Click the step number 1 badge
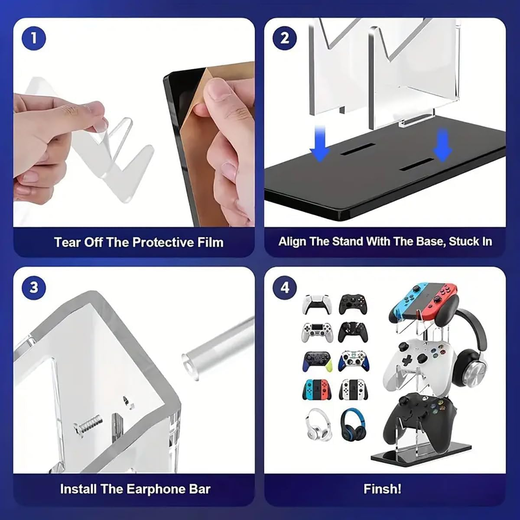tap(34, 39)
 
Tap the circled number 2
tap(285, 39)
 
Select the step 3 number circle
tap(34, 287)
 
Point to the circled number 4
tap(285, 287)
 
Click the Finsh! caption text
tap(382, 489)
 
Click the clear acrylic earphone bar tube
tap(221, 347)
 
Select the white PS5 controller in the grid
tap(318, 305)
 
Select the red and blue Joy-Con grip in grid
tap(317, 389)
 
